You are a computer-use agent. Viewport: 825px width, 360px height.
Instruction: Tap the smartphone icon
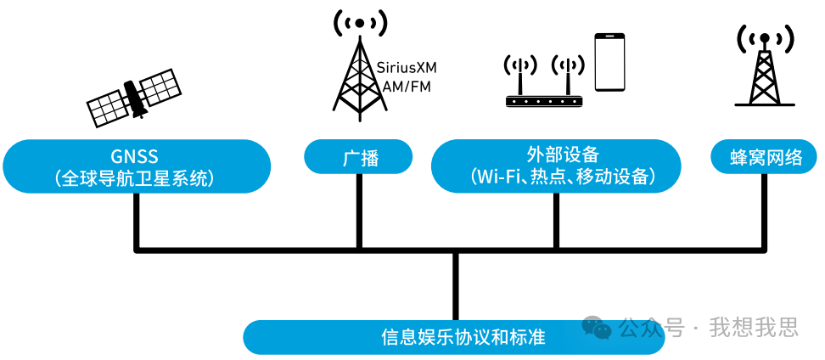pos(609,63)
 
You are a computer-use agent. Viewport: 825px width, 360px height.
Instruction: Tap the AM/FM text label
pos(407,86)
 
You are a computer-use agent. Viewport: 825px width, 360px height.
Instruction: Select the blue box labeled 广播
pos(359,158)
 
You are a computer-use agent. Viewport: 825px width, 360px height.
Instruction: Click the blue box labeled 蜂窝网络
pos(766,158)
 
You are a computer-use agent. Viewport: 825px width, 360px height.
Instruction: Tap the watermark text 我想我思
pos(755,327)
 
